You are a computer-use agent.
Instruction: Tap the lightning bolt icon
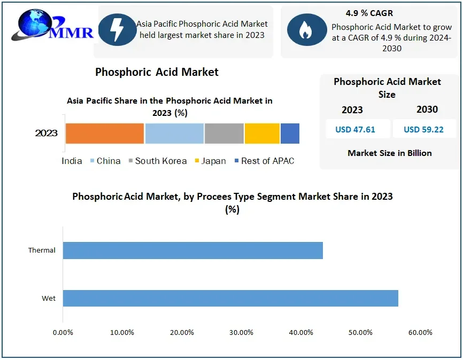click(x=115, y=29)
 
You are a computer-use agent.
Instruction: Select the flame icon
click(x=306, y=30)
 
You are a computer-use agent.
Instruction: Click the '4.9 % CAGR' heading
click(x=369, y=13)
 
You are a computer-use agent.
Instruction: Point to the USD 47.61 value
click(x=356, y=129)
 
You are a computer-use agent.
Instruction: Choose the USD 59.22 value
click(x=423, y=129)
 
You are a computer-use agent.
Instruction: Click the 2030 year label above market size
click(x=427, y=109)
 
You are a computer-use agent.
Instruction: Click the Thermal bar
click(x=192, y=250)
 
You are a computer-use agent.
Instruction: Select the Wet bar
click(x=230, y=298)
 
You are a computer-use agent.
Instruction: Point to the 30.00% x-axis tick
click(x=241, y=333)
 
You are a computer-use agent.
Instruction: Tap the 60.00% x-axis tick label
click(x=420, y=333)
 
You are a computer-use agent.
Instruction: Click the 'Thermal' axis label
click(x=42, y=250)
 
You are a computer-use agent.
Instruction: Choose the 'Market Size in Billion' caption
click(x=390, y=153)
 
